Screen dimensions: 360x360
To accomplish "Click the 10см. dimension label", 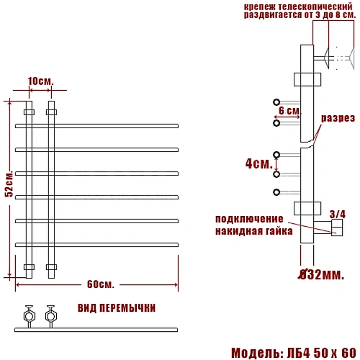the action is point(40,81).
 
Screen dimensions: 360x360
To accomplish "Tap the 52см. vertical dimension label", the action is point(9,184).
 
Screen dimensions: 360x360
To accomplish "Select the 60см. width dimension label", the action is point(100,284).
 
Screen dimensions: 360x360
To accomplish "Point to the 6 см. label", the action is point(289,111).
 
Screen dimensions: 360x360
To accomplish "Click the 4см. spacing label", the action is point(259,163).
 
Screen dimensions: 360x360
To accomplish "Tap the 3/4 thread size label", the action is point(338,214).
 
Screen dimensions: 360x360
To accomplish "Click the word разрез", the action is point(338,118).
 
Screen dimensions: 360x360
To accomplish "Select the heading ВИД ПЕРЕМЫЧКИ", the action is point(117,308).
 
